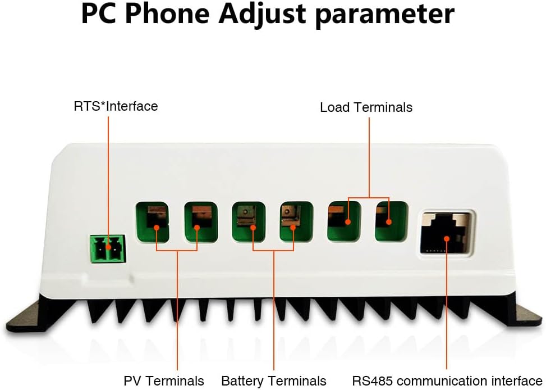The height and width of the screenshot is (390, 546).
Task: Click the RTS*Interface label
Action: pos(116,106)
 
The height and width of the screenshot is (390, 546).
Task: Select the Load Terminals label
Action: pos(366,107)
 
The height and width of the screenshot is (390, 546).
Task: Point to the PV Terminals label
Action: pos(164,380)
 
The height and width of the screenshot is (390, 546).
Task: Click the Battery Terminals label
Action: pos(274,380)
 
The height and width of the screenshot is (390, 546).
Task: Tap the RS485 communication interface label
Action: pos(447,380)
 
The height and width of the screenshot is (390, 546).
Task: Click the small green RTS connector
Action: pos(107,249)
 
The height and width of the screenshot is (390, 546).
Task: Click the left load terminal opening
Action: pos(344,221)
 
